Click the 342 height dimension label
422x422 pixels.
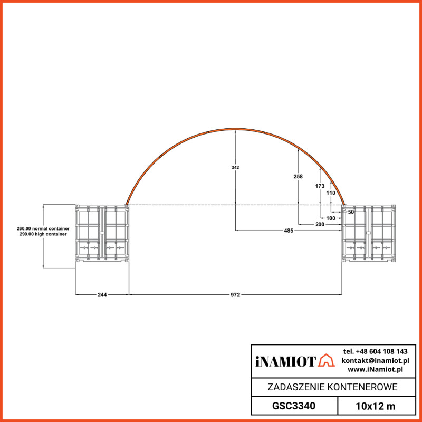pyautogui.click(x=235, y=167)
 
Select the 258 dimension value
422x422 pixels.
pyautogui.click(x=298, y=177)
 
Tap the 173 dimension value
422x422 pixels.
pyautogui.click(x=320, y=186)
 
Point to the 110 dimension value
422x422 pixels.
pyautogui.click(x=331, y=193)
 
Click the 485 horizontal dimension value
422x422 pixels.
pyautogui.click(x=289, y=231)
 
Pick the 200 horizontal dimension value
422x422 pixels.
pyautogui.click(x=320, y=225)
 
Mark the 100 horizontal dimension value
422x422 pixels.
pyautogui.click(x=331, y=218)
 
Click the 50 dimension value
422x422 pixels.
pyautogui.click(x=351, y=212)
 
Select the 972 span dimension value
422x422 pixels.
pyautogui.click(x=235, y=295)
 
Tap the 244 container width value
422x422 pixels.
pyautogui.click(x=102, y=295)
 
